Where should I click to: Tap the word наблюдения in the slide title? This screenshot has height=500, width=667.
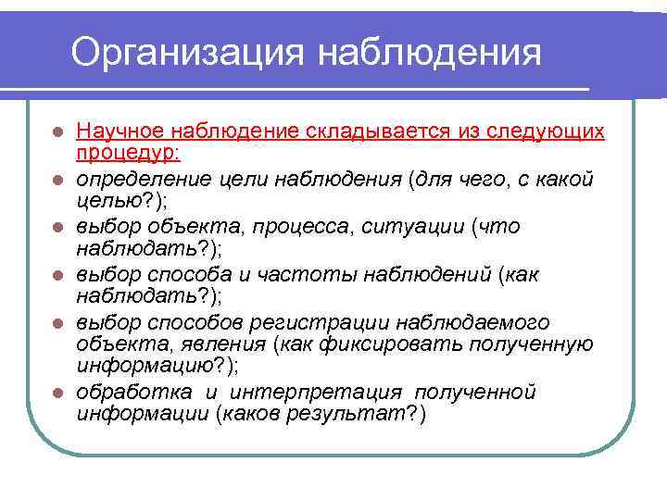(x=430, y=52)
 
